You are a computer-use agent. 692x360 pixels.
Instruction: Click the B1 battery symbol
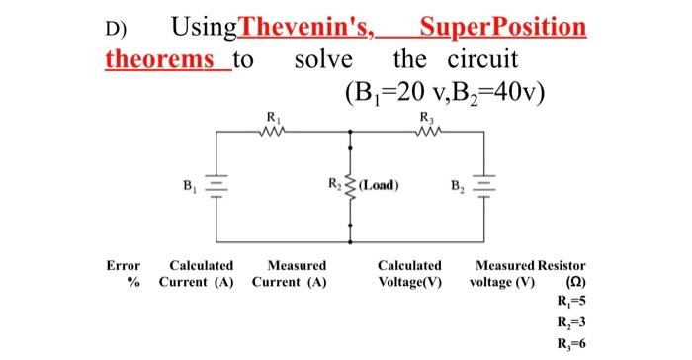(218, 185)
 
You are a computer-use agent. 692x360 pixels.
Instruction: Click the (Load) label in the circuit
(380, 185)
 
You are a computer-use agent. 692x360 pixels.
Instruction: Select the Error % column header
(124, 274)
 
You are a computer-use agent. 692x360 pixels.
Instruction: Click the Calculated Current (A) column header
(200, 274)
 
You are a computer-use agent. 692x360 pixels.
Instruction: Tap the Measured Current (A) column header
(290, 274)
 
